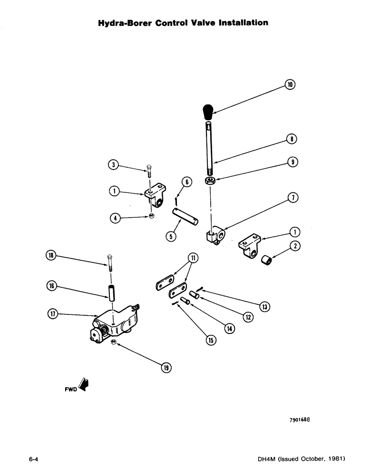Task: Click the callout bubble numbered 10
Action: tap(290, 85)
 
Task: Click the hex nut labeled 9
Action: tap(208, 180)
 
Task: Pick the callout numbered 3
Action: tap(112, 165)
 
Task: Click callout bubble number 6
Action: tap(186, 182)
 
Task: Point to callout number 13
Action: tap(265, 307)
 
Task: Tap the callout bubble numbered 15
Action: tap(210, 340)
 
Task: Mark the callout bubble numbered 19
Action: tap(166, 367)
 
